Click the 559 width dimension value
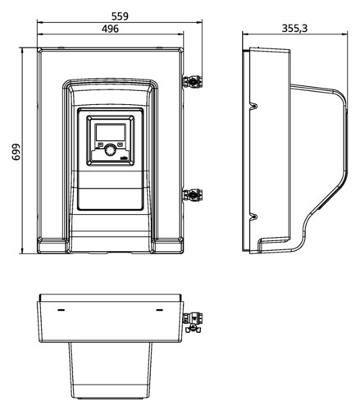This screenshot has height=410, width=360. tap(120, 16)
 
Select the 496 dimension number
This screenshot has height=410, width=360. tap(110, 29)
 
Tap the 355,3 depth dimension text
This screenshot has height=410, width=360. tap(294, 28)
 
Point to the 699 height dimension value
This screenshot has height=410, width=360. tap(16, 152)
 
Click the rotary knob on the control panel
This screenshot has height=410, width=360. tap(110, 150)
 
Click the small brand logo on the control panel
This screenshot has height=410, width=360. tap(124, 157)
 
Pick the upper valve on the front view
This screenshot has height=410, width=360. tap(193, 81)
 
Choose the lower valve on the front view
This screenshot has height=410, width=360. tap(193, 195)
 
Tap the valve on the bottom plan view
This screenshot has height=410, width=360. tap(193, 322)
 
